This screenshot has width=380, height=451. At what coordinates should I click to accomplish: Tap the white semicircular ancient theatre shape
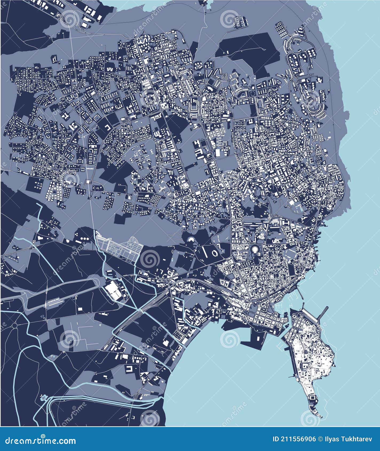click(x=191, y=240)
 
